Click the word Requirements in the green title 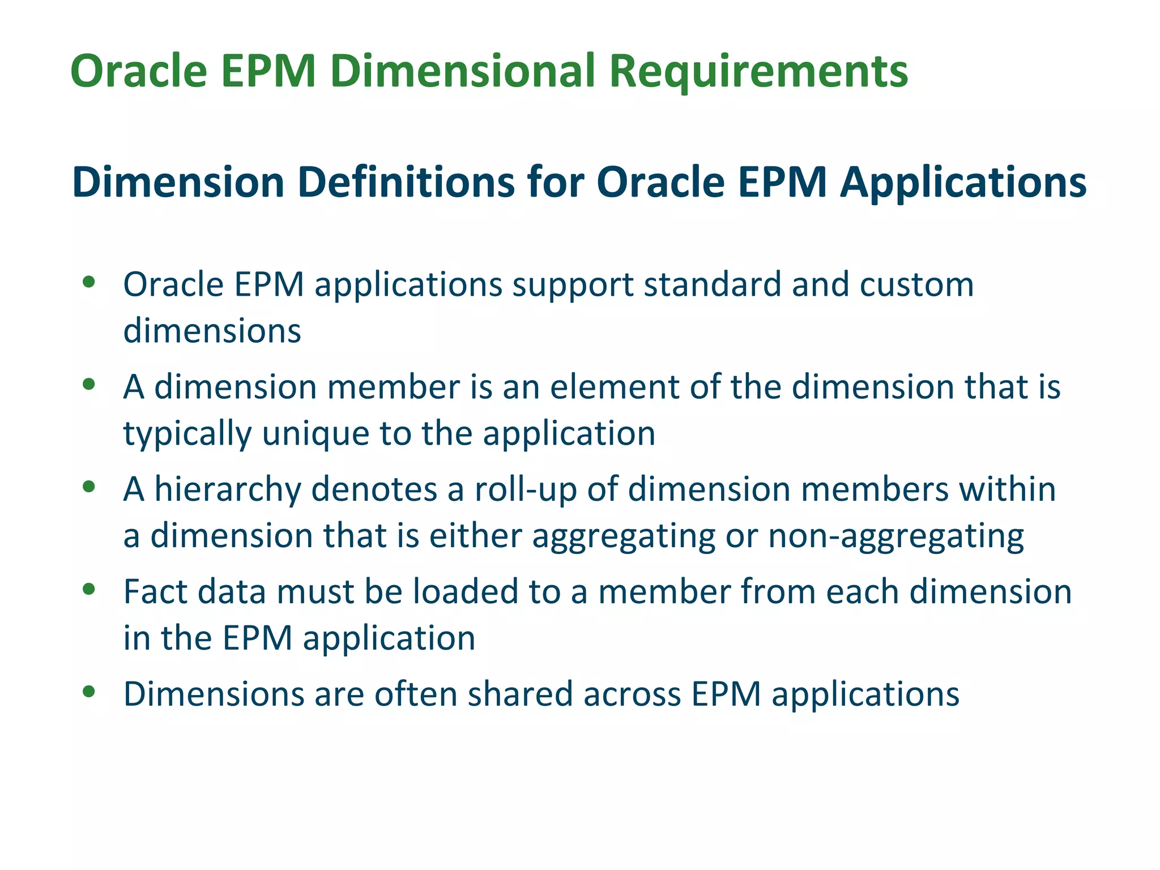[x=758, y=72]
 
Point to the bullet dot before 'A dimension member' [x=88, y=385]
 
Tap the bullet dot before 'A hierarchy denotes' [x=88, y=487]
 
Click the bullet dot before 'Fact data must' [x=88, y=589]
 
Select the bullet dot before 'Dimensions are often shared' [x=88, y=692]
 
